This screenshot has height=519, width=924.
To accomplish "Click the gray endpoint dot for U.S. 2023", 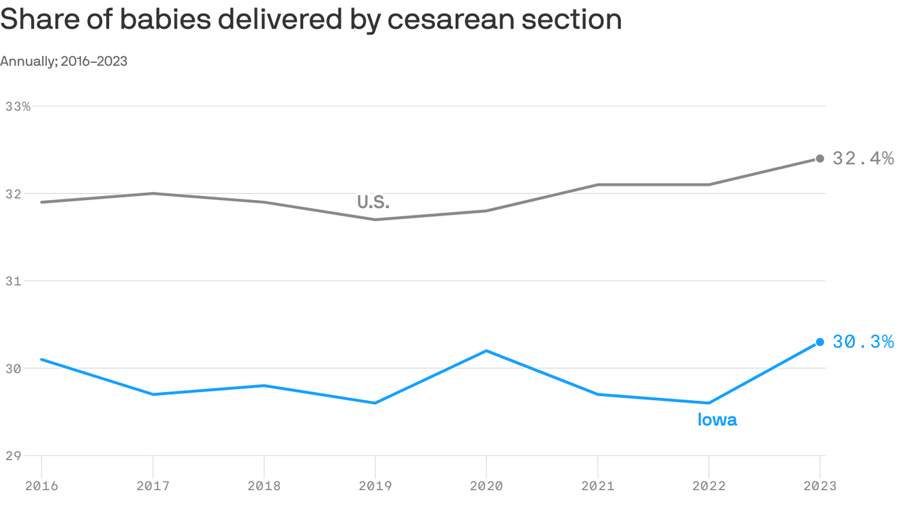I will coord(820,159).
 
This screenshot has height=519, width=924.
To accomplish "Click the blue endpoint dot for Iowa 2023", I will coord(820,342).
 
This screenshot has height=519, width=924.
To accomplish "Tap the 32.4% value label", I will coord(862,159).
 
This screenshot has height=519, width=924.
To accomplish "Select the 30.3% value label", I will coord(862,342).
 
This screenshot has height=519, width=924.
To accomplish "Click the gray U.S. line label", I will coord(373,202).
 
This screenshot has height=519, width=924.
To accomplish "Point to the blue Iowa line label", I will coord(717,420).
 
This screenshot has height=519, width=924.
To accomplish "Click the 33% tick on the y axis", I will coord(18,107).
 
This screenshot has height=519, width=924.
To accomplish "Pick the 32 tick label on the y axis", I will coord(14,194).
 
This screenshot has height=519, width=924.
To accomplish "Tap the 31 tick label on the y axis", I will coord(14,281).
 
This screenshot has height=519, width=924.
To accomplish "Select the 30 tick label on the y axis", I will coord(14,368).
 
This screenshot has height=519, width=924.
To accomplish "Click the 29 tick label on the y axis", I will coord(14,455).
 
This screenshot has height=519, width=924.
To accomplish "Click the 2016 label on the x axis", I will coord(41,486).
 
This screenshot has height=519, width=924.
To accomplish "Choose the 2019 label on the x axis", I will coord(375,486).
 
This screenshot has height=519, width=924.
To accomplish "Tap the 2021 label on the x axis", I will coord(597,486).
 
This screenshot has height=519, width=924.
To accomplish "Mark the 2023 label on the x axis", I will coord(820,486).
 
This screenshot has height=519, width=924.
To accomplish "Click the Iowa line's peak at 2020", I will coord(486,351).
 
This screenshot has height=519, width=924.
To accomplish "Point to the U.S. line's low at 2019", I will coord(375,220).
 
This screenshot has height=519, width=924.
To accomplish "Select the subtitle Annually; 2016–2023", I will coord(64,61).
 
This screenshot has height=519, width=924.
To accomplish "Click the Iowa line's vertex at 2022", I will coord(709,403).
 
